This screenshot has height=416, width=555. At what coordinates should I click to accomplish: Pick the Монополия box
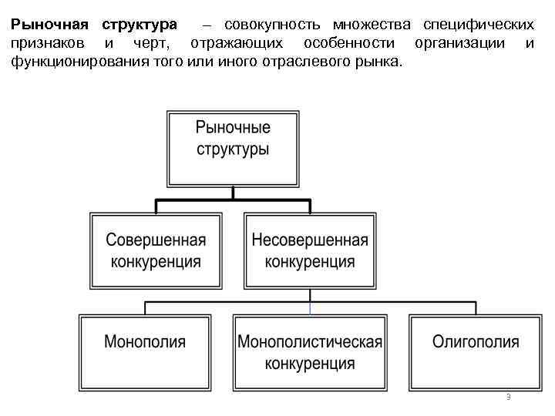(x=145, y=351)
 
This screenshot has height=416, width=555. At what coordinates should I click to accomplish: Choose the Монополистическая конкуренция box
(x=310, y=351)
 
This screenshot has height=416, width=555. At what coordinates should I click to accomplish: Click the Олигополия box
(x=476, y=351)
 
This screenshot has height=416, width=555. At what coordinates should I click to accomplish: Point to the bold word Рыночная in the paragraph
(x=49, y=25)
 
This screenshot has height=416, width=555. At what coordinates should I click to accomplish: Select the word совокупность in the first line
(x=269, y=25)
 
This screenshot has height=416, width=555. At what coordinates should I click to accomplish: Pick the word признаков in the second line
(x=48, y=43)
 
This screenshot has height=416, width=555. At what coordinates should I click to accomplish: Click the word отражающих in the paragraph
(x=238, y=43)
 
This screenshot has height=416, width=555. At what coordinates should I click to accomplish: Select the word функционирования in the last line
(x=72, y=62)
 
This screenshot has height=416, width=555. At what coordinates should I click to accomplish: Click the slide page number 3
(x=509, y=397)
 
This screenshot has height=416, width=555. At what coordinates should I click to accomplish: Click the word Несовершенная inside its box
(x=310, y=240)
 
